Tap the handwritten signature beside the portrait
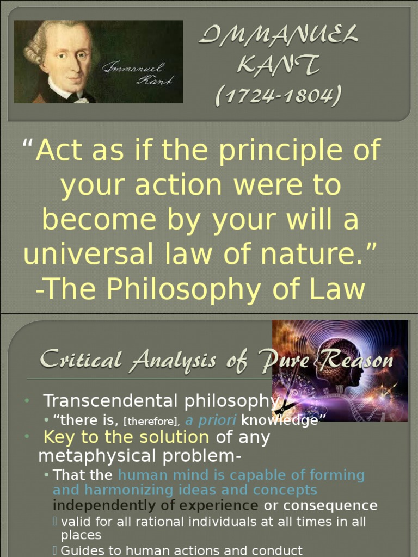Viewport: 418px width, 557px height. click(139, 73)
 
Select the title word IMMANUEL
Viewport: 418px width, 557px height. click(278, 38)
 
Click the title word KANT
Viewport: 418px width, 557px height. click(278, 66)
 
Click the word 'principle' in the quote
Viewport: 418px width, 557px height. click(283, 150)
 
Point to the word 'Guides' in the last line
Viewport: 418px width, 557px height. click(82, 550)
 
